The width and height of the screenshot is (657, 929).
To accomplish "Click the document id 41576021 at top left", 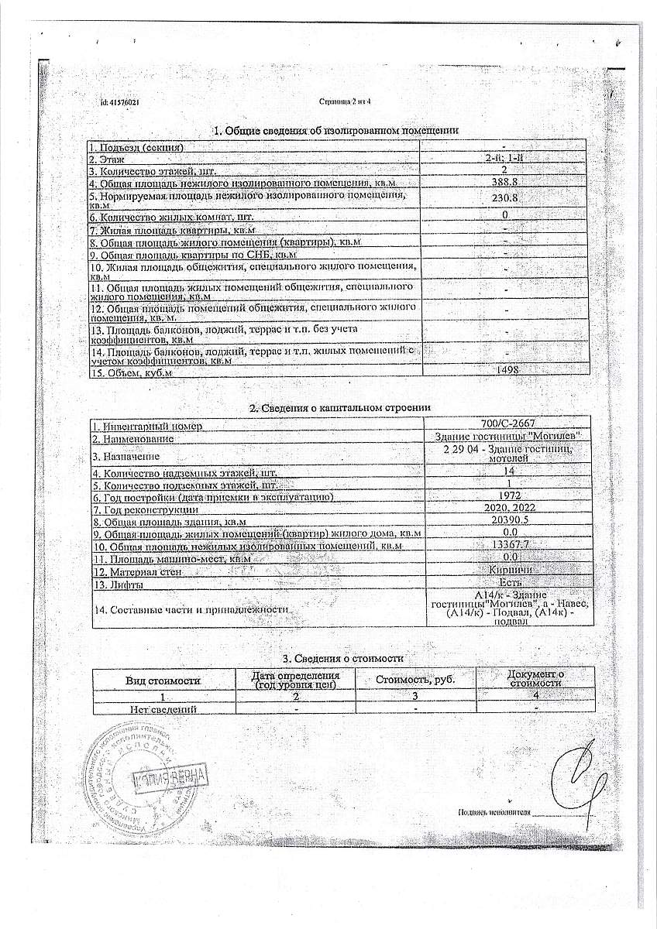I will [119, 102].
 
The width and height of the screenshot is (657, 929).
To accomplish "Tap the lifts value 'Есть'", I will [511, 581].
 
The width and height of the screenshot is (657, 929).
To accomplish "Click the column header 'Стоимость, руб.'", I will [414, 680].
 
